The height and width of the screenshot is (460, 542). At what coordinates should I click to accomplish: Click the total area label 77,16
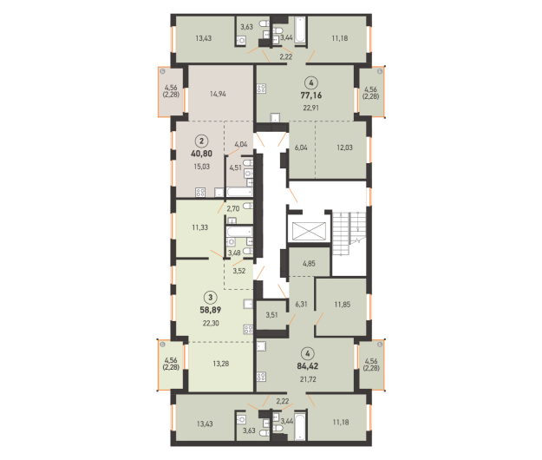(x=311, y=95)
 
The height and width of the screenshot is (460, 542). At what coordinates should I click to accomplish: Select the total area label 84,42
(x=308, y=366)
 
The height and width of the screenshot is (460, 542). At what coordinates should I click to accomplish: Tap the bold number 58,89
(x=211, y=310)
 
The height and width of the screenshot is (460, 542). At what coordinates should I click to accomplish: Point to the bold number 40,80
(x=201, y=154)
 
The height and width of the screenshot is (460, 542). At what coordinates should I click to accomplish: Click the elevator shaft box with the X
(x=309, y=231)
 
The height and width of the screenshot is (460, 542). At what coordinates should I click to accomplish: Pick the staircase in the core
(x=349, y=233)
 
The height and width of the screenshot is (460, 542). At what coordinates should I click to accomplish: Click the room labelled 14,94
(x=218, y=94)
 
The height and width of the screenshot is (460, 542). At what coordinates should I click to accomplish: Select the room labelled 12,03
(x=344, y=148)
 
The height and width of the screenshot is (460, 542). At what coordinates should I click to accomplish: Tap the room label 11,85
(x=343, y=305)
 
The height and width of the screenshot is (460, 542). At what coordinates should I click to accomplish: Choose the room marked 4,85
(x=309, y=264)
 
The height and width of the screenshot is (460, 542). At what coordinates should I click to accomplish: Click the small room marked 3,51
(x=271, y=315)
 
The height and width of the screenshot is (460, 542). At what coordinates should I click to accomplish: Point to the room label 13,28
(x=221, y=364)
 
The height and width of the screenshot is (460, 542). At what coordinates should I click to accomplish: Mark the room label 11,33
(x=200, y=227)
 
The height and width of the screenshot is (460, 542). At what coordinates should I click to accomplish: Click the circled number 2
(x=201, y=141)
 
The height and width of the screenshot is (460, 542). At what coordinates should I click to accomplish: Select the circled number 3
(x=211, y=297)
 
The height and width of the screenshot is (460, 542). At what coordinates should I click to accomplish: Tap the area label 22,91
(x=311, y=108)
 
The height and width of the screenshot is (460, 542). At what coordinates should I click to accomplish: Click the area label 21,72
(x=308, y=379)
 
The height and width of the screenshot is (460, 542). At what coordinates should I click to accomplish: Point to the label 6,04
(x=301, y=148)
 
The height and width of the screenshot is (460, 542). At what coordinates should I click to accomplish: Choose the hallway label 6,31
(x=301, y=304)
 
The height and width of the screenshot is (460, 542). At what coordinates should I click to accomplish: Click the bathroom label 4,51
(x=235, y=168)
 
